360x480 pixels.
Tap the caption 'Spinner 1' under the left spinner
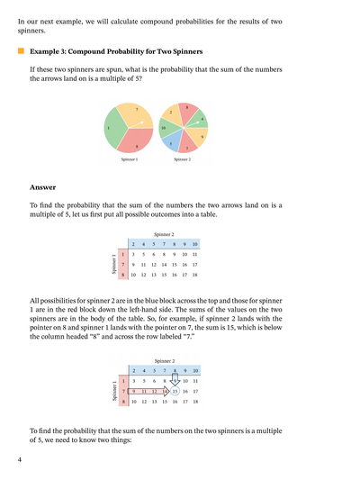[130, 160]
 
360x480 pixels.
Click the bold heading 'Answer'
[43, 187]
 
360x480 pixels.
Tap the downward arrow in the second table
[175, 379]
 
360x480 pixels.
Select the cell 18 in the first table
[194, 274]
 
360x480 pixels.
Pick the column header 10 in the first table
[194, 245]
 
